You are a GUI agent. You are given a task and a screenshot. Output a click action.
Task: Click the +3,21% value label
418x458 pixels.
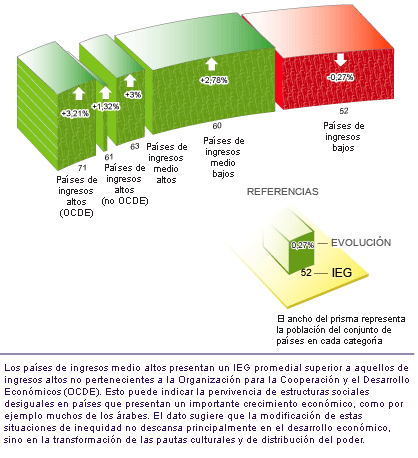click(75, 114)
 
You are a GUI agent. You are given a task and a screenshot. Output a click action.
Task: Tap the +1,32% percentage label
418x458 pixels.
click(106, 107)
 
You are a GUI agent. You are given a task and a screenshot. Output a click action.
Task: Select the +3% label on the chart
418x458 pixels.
click(133, 95)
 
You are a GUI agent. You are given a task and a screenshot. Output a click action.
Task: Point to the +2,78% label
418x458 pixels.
click(214, 80)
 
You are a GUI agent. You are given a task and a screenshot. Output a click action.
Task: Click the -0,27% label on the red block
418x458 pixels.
click(340, 77)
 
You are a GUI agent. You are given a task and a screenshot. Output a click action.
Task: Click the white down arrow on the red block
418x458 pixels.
click(341, 60)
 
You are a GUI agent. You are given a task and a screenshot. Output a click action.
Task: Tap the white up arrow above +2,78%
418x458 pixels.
click(211, 64)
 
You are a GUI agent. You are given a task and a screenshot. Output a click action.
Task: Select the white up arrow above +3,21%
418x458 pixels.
click(79, 93)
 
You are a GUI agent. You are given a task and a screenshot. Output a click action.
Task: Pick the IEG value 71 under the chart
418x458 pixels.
click(82, 168)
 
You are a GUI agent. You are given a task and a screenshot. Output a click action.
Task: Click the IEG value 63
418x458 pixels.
click(135, 146)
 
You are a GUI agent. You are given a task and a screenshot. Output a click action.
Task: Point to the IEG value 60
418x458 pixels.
click(217, 126)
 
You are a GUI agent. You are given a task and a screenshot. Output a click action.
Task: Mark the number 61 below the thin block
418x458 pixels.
click(109, 157)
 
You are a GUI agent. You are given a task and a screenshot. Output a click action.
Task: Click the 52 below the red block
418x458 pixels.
click(344, 111)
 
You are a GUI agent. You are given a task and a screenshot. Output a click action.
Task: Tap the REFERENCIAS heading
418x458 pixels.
click(283, 192)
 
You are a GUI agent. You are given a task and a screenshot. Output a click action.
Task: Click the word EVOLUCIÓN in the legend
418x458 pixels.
click(361, 242)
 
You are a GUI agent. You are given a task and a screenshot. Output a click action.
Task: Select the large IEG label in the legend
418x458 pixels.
click(342, 273)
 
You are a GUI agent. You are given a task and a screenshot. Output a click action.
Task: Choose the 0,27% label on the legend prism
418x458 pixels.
click(303, 245)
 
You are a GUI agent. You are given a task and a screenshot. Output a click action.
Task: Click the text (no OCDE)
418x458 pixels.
click(125, 201)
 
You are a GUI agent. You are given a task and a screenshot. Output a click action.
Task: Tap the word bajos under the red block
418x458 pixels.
click(343, 148)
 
